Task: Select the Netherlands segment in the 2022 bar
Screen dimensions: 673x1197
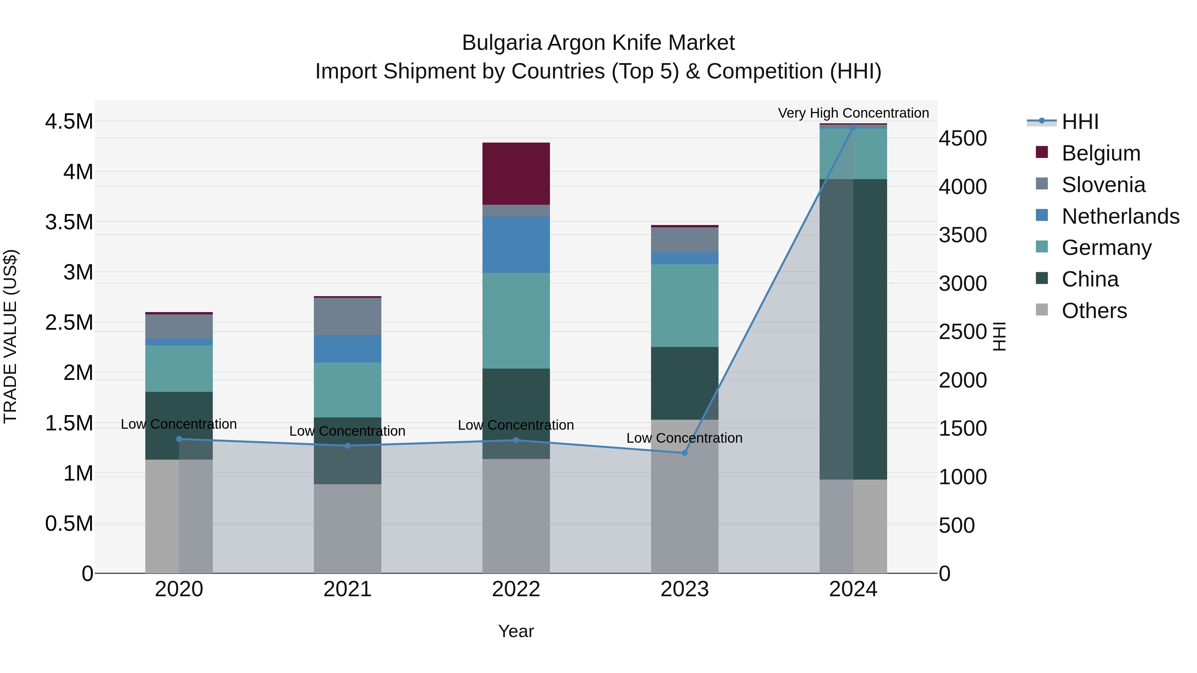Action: (516, 244)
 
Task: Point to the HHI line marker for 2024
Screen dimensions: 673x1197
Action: (853, 127)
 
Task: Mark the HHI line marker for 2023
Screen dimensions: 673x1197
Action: (685, 453)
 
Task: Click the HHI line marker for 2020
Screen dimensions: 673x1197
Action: (179, 439)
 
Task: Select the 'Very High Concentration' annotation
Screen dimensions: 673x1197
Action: (853, 113)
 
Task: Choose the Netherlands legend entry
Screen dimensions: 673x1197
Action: (1120, 216)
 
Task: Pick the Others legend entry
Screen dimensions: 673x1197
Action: (1094, 311)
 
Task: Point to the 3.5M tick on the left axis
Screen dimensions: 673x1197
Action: (69, 222)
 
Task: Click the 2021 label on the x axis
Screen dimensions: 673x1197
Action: (347, 589)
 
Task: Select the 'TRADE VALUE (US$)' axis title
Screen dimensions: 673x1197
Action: (11, 336)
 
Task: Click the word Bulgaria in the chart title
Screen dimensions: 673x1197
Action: (502, 43)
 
